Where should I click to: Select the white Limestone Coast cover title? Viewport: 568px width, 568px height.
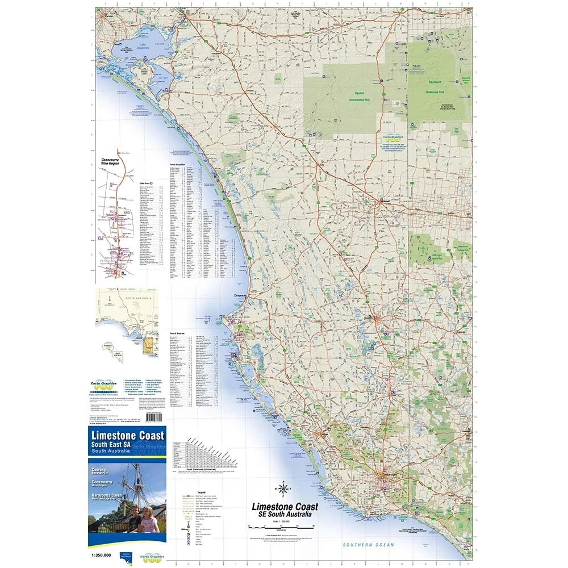pos(127,436)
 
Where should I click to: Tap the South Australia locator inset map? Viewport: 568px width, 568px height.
pos(127,321)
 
